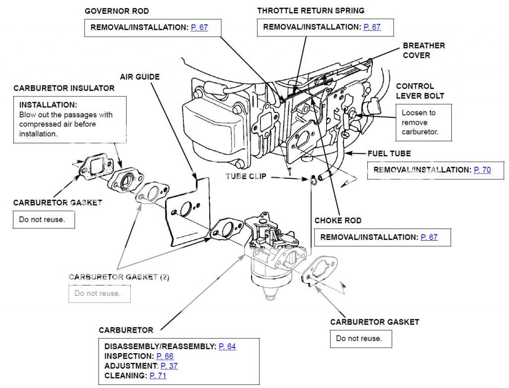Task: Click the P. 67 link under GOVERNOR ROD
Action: click(199, 27)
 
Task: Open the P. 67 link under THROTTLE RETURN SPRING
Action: click(372, 27)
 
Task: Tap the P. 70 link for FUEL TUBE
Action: click(482, 170)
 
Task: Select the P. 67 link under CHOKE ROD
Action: click(429, 237)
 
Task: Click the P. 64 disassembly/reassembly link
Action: click(227, 346)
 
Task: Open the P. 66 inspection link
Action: click(165, 356)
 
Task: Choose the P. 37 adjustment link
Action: click(169, 366)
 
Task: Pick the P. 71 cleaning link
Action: click(158, 376)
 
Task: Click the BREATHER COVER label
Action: click(424, 50)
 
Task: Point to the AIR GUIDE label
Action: click(140, 77)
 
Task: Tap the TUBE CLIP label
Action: click(246, 177)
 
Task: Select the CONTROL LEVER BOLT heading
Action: click(420, 91)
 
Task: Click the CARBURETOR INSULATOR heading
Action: click(64, 88)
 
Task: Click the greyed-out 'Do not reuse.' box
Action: click(99, 293)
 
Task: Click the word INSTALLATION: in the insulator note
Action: click(48, 105)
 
